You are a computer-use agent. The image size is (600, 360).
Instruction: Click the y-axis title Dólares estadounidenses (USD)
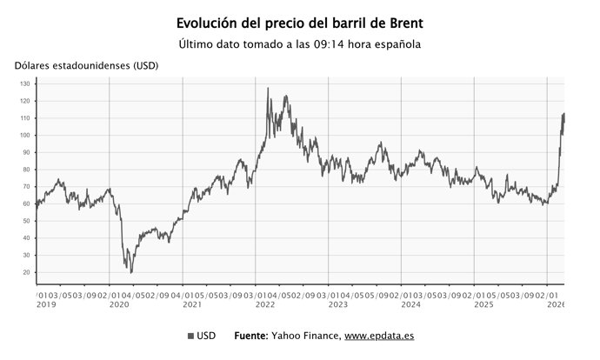[78, 66]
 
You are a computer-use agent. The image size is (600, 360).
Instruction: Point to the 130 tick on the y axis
[25, 84]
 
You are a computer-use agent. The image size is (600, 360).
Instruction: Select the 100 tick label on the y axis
[25, 136]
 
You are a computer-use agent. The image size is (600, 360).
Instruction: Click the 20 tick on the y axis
[27, 272]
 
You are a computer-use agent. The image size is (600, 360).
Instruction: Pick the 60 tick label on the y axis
[27, 203]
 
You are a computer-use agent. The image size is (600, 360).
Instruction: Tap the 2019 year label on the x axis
[46, 304]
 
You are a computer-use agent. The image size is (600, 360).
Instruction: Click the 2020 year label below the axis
[119, 304]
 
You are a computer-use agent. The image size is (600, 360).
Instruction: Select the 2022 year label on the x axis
[265, 304]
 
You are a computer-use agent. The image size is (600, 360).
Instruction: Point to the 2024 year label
[411, 304]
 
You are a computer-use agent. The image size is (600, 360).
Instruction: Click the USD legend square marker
[190, 336]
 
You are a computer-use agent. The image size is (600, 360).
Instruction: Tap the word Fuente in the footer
[253, 336]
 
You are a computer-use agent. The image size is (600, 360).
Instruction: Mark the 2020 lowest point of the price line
[131, 272]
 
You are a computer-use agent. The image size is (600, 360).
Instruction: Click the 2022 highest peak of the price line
[267, 88]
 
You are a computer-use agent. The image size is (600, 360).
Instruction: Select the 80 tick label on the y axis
[27, 170]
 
